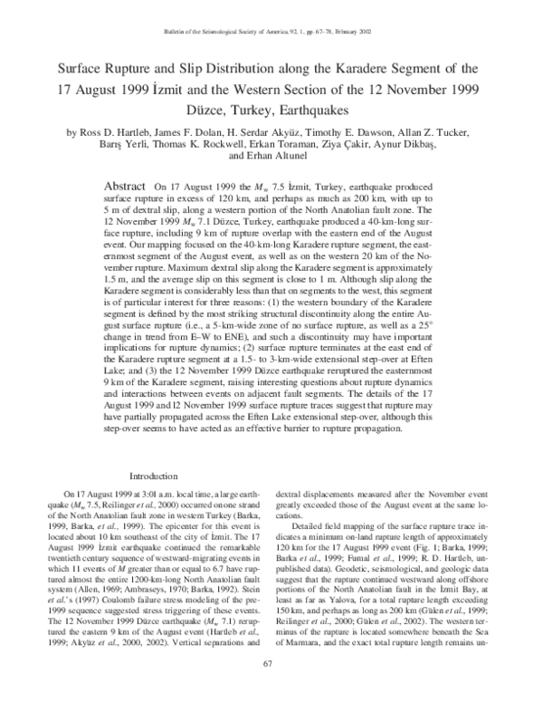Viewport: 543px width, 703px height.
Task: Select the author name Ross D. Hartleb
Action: pyautogui.click(x=118, y=133)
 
